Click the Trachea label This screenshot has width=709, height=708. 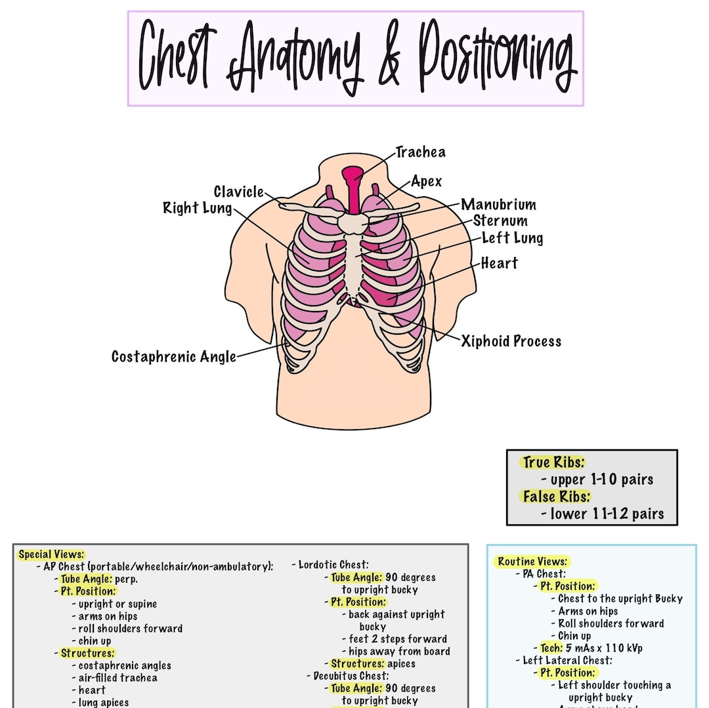[x=421, y=152]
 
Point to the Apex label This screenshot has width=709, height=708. [x=427, y=182]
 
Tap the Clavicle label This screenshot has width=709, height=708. [x=239, y=192]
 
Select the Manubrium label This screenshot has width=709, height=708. [x=498, y=205]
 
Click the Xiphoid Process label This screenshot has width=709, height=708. [x=511, y=341]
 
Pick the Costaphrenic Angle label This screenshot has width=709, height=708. [x=173, y=357]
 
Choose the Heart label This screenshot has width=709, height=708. [x=499, y=263]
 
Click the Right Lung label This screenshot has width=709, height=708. [x=198, y=209]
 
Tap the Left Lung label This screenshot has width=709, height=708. [x=512, y=238]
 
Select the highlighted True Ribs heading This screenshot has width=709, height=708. [x=553, y=463]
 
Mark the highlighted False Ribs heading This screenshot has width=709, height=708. [x=557, y=497]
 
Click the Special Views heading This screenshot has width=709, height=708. [x=51, y=554]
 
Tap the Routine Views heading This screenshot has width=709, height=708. [x=532, y=562]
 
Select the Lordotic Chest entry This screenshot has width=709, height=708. [x=333, y=565]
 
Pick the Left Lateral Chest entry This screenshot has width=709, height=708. [x=567, y=661]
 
